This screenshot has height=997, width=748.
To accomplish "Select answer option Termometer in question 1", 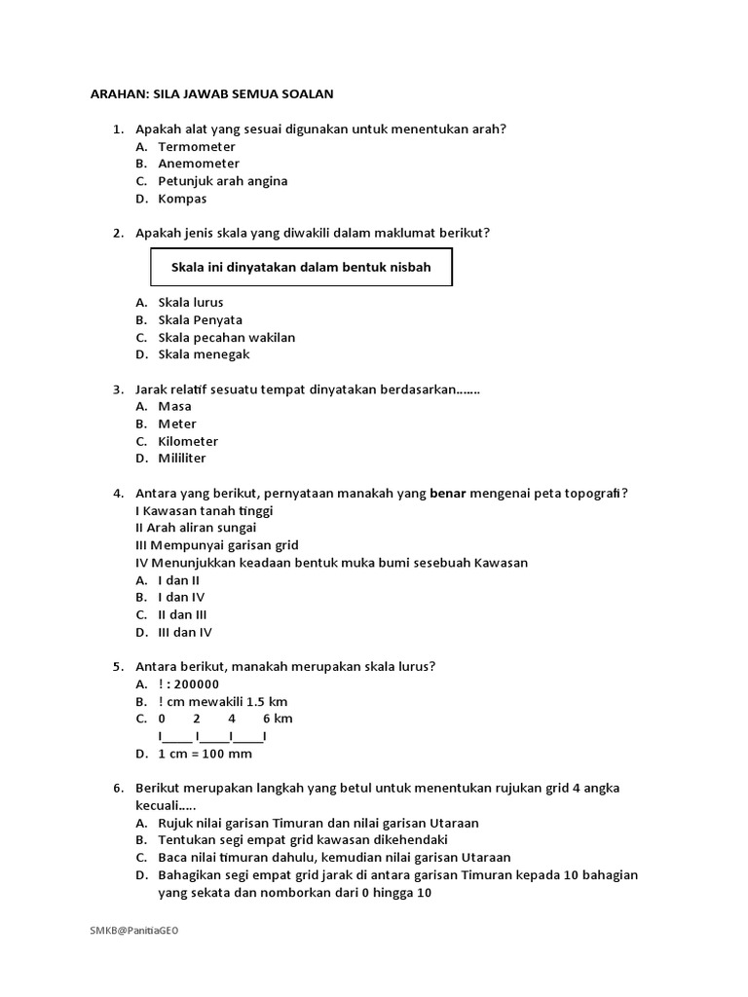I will tap(197, 146).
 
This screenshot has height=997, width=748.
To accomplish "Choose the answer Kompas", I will tap(182, 199).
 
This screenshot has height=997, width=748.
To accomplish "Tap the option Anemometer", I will tap(199, 164).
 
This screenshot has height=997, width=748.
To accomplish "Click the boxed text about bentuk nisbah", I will tap(301, 267).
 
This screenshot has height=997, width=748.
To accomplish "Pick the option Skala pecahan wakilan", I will tap(226, 337).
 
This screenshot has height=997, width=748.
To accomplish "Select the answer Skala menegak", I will tap(204, 354).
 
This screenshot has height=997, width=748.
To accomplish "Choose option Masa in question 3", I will tap(174, 406).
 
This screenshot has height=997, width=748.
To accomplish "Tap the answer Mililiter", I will tap(182, 458).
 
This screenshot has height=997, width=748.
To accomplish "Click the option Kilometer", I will tap(188, 441).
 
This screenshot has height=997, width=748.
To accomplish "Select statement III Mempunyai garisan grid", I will tap(216, 545).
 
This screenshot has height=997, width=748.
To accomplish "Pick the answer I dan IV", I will tap(181, 597).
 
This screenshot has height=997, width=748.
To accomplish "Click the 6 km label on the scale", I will tap(278, 719).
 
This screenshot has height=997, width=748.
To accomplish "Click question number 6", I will tap(118, 788).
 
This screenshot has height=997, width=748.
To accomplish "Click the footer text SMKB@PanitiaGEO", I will tap(134, 930).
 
